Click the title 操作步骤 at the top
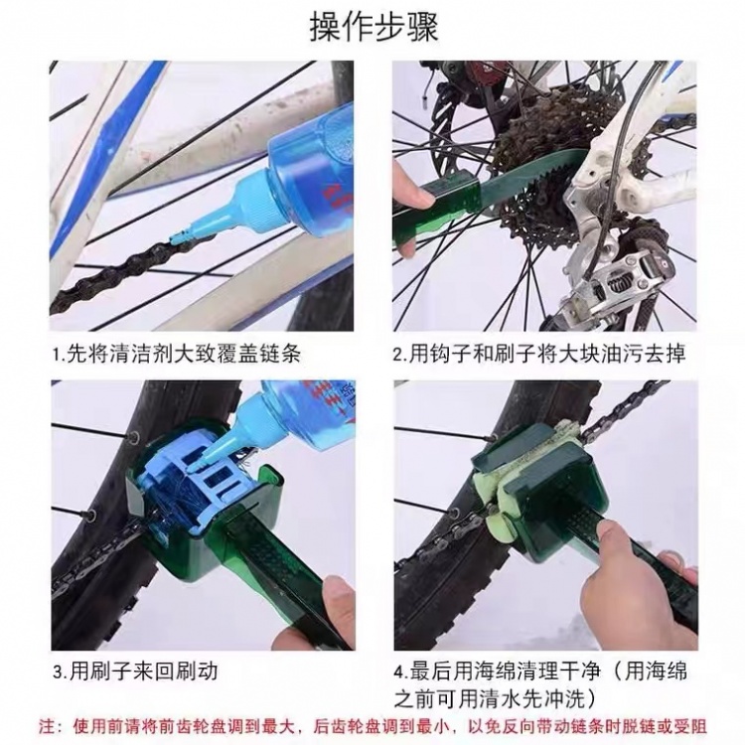[372, 27]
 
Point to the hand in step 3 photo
[333, 606]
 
